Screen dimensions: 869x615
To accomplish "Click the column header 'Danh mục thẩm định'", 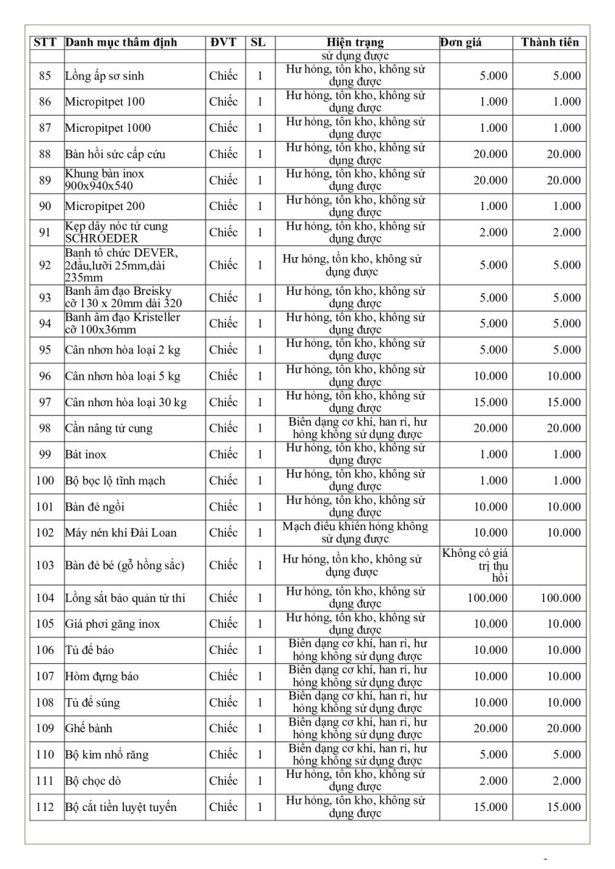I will (x=121, y=43).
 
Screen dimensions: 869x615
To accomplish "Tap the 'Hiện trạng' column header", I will (x=355, y=43).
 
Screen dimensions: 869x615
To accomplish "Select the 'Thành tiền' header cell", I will (x=550, y=43).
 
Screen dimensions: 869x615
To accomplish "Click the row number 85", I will (x=45, y=75).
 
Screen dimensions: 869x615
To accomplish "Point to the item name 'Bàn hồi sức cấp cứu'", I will (x=116, y=154).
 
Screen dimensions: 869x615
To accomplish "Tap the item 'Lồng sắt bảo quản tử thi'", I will (x=125, y=598).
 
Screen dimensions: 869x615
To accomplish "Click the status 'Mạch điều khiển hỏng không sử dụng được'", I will (x=355, y=533).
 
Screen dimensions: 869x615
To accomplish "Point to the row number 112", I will (x=45, y=807).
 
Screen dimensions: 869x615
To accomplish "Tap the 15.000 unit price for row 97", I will (x=493, y=403).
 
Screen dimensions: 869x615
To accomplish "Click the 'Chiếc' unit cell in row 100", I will (x=223, y=481).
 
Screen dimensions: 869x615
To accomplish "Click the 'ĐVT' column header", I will (x=223, y=43).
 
